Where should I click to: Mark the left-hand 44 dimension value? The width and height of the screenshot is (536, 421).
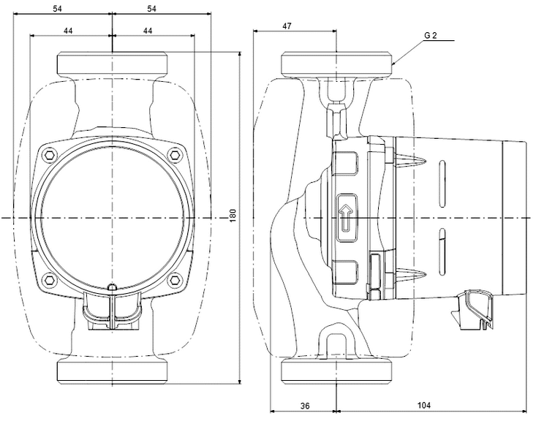pos(67,30)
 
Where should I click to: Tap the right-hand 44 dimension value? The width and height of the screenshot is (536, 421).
pos(148,30)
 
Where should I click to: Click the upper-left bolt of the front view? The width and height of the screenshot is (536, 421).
pos(49,154)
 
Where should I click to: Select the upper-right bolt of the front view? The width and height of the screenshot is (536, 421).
pos(175,154)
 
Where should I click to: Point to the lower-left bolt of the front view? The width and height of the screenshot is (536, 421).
pos(49,279)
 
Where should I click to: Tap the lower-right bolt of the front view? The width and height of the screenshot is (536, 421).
pos(175,279)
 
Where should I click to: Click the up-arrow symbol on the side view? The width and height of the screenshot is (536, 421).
pos(345,217)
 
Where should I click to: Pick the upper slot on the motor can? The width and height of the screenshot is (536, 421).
pos(442,180)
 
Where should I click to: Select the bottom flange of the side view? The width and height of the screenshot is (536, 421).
pos(336,372)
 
